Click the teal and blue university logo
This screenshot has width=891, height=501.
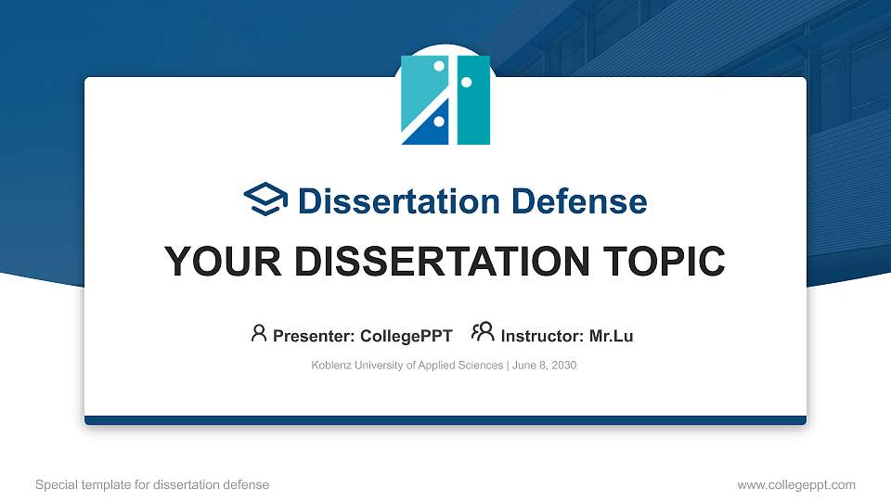(445, 99)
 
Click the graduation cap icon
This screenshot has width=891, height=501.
(265, 199)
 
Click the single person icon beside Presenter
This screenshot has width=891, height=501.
(259, 333)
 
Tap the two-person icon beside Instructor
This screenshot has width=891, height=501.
(483, 332)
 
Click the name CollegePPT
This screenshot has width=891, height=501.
(407, 336)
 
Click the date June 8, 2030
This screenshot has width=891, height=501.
(544, 366)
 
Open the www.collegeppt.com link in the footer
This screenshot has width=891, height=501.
(795, 484)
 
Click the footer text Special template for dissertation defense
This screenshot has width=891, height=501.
(152, 484)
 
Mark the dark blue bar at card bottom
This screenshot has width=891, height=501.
(445, 420)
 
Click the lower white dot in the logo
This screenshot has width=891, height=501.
(437, 121)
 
